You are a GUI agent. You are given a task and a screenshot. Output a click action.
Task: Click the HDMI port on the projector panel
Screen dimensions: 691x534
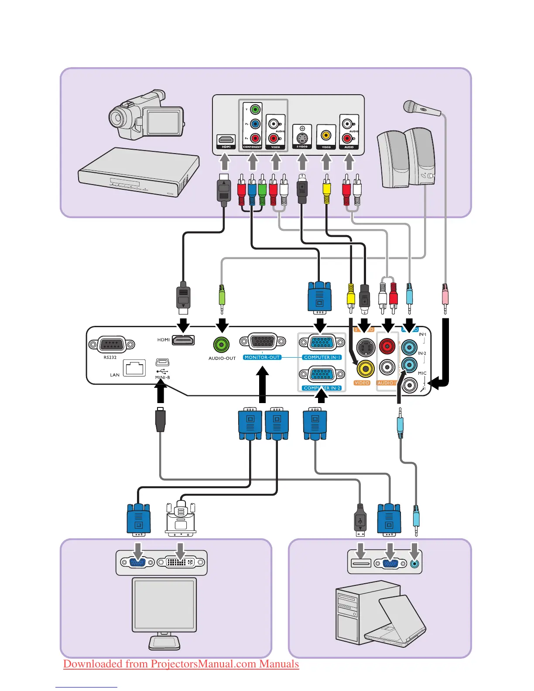pyautogui.click(x=183, y=340)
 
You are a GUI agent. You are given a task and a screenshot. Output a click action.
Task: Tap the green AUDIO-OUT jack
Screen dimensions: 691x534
pyautogui.click(x=222, y=345)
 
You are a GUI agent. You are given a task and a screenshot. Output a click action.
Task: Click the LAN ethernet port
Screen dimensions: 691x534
pyautogui.click(x=134, y=368)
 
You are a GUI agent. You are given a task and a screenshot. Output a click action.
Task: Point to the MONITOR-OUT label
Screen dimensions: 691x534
pyautogui.click(x=262, y=357)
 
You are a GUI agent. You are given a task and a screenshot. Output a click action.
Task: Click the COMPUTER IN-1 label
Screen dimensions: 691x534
pyautogui.click(x=322, y=357)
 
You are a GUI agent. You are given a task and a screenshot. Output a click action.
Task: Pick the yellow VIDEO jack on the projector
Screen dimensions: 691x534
pyautogui.click(x=365, y=369)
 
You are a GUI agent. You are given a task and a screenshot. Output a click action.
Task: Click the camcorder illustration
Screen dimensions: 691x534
pyautogui.click(x=144, y=115)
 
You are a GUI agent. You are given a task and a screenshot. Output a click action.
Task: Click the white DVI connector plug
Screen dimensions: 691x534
pyautogui.click(x=181, y=519)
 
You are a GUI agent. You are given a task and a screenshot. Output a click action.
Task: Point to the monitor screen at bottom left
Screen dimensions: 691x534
pyautogui.click(x=164, y=604)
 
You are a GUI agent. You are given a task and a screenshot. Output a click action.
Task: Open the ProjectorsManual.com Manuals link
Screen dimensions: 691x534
pyautogui.click(x=181, y=664)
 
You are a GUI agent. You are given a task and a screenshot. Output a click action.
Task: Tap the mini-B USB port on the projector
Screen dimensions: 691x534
pyautogui.click(x=162, y=362)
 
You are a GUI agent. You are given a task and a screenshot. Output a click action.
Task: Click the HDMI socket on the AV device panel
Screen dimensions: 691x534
pyautogui.click(x=226, y=140)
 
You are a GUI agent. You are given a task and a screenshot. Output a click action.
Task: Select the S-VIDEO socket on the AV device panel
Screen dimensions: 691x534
pyautogui.click(x=302, y=138)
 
